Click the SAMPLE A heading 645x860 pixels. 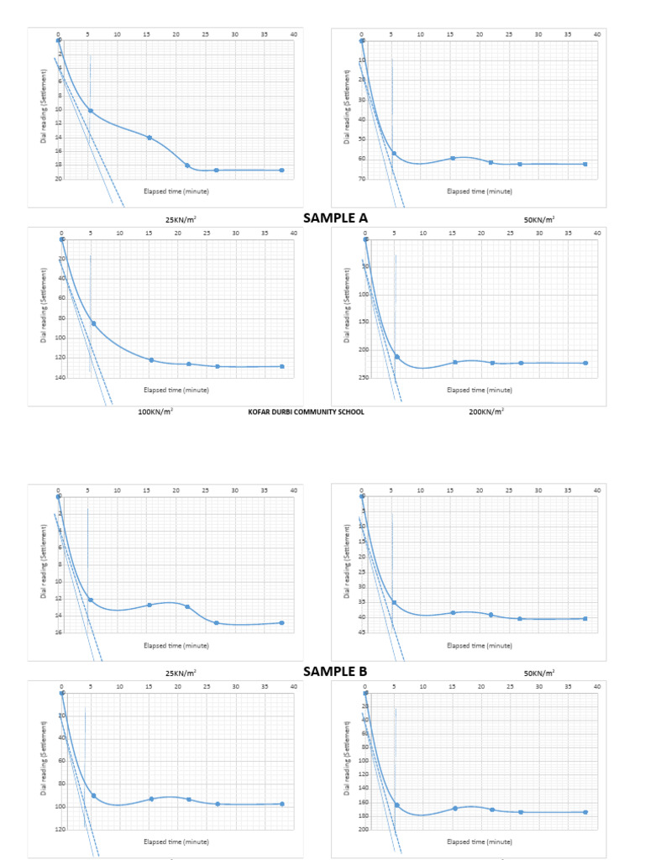click(x=335, y=218)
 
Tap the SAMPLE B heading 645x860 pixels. click(x=335, y=671)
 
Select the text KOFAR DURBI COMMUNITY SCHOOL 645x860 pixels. click(x=307, y=412)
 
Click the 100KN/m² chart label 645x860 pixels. click(x=155, y=412)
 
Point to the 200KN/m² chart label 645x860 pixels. click(x=486, y=412)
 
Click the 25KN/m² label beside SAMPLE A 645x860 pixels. click(x=181, y=220)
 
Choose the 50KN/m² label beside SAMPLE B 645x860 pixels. click(x=538, y=673)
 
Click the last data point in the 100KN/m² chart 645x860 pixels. click(x=282, y=366)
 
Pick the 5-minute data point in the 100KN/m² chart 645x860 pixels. click(x=93, y=323)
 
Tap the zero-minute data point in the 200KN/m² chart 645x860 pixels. click(x=365, y=239)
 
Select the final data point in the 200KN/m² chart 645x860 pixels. click(x=585, y=363)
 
